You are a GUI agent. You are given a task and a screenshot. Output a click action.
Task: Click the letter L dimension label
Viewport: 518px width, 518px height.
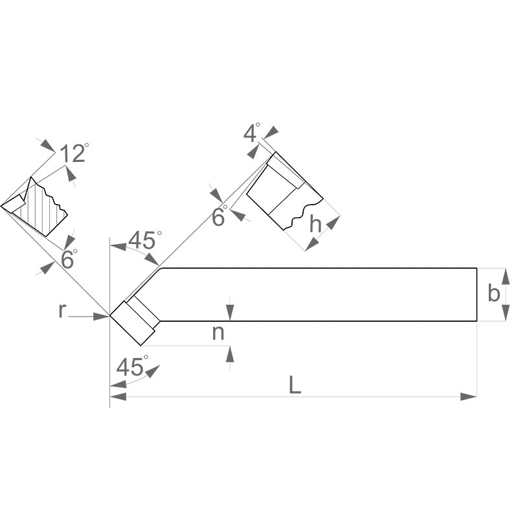click(295, 385)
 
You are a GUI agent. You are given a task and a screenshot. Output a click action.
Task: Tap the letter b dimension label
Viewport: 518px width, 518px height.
click(494, 293)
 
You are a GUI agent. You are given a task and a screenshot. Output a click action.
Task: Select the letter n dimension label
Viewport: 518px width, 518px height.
click(218, 333)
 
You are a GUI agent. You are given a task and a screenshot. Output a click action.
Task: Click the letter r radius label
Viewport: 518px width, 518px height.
click(62, 311)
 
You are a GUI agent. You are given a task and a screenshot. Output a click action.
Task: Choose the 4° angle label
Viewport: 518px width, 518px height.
click(252, 133)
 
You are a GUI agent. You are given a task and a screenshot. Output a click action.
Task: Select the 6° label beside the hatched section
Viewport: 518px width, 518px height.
click(69, 260)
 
